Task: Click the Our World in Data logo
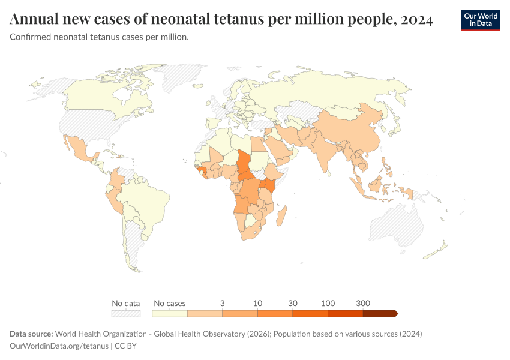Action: pyautogui.click(x=481, y=20)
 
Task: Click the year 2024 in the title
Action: pyautogui.click(x=416, y=20)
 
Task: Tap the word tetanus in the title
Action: pyautogui.click(x=238, y=19)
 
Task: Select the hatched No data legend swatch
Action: pyautogui.click(x=126, y=313)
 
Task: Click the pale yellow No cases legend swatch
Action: pyautogui.click(x=169, y=313)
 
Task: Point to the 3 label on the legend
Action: pyautogui.click(x=223, y=303)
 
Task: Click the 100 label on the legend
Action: pyautogui.click(x=328, y=303)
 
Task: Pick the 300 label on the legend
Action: pyautogui.click(x=363, y=303)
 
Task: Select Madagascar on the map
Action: pyautogui.click(x=281, y=215)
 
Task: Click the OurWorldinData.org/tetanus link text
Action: pyautogui.click(x=59, y=346)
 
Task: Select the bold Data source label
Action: pyautogui.click(x=31, y=334)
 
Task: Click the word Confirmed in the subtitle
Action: pyautogui.click(x=30, y=37)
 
